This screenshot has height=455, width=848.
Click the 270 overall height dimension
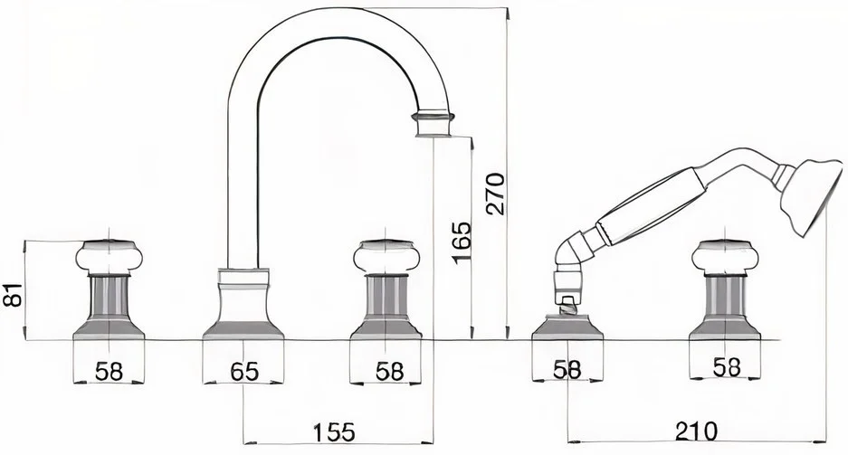496,194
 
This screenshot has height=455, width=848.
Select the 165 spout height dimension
462,242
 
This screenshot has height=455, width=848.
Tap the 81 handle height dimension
13,295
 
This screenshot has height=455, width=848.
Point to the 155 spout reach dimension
335,432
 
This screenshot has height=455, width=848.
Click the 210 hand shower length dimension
696,431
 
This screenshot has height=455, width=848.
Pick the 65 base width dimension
244,371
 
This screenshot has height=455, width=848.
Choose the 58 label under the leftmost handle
109,371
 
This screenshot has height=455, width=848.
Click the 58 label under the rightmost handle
727,367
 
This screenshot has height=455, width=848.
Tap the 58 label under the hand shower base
567,370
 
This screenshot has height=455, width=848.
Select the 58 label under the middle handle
390,371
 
